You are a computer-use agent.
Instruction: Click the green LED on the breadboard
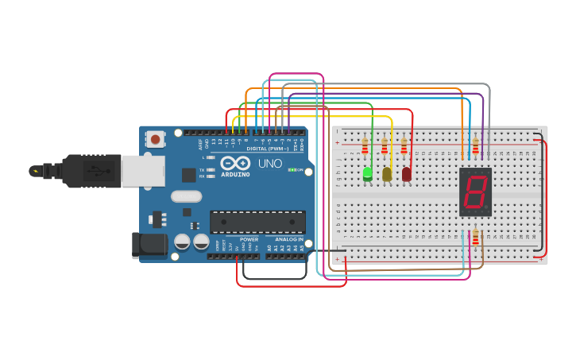[x=367, y=173]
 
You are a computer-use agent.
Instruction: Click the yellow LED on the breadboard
[x=387, y=173]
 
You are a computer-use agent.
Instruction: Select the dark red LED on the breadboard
[x=407, y=173]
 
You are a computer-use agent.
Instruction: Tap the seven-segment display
[x=475, y=192]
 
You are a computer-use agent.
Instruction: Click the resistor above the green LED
[x=365, y=147]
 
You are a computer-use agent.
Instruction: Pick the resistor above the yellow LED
[x=385, y=147]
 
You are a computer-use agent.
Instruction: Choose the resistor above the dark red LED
[x=404, y=147]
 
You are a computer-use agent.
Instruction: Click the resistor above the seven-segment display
[x=476, y=147]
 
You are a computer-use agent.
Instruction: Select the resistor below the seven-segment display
[x=476, y=238]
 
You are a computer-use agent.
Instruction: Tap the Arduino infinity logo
[x=235, y=162]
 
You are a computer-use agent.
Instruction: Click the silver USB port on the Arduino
[x=143, y=171]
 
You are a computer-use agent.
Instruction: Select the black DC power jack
[x=149, y=245]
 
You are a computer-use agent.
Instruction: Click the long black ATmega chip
[x=257, y=222]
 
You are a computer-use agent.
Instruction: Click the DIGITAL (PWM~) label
[x=268, y=149]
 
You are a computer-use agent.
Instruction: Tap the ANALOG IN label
[x=289, y=238]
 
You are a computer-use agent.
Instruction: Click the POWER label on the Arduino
[x=249, y=238]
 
